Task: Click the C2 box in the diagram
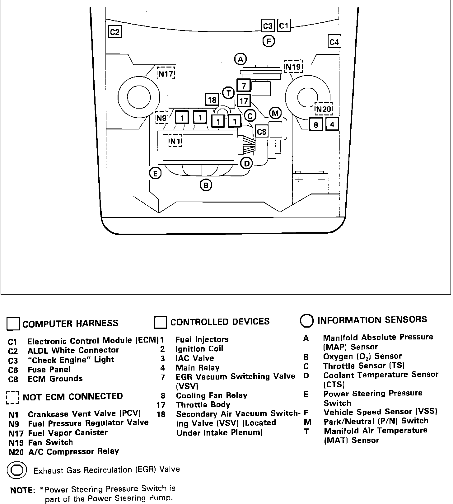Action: pos(115,32)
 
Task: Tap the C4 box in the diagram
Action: pos(334,41)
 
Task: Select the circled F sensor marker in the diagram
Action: pos(268,41)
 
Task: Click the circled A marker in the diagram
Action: pos(240,59)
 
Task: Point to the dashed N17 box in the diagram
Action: pos(166,74)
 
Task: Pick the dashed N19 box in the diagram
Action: pos(293,67)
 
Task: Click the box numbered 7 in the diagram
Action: pos(244,85)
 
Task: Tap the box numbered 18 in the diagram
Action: pos(212,100)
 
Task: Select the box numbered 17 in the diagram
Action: pos(244,100)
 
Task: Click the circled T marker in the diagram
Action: pos(229,93)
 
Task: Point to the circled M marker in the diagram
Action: pos(275,113)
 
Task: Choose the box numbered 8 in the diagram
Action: pos(316,125)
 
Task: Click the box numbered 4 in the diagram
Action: pos(332,124)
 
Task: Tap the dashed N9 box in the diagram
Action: pos(162,118)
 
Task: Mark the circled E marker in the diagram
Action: pos(155,173)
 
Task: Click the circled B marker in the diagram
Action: pos(206,185)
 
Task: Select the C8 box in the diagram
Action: pos(262,132)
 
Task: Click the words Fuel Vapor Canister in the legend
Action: pos(68,433)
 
